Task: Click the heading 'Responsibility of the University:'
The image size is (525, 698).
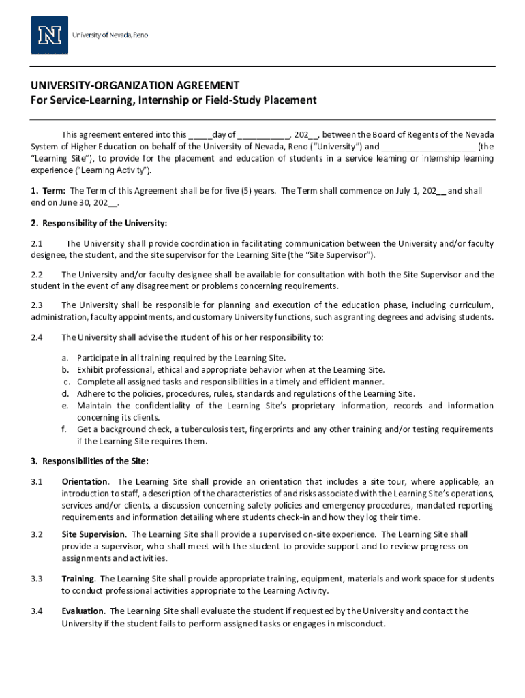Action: click(x=104, y=223)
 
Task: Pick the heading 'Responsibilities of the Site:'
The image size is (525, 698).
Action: click(x=95, y=461)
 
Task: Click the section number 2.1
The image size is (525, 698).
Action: click(x=37, y=243)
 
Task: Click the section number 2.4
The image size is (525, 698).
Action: click(x=37, y=337)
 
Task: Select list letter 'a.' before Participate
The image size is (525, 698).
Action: click(x=65, y=358)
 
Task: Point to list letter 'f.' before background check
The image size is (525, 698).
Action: click(x=65, y=429)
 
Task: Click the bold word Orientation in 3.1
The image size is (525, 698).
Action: click(x=85, y=481)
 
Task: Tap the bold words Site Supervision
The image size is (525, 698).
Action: click(x=93, y=534)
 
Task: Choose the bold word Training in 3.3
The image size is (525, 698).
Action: click(x=78, y=579)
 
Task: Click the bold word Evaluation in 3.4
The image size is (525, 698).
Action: click(x=82, y=611)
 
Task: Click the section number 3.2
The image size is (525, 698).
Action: click(x=37, y=534)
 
